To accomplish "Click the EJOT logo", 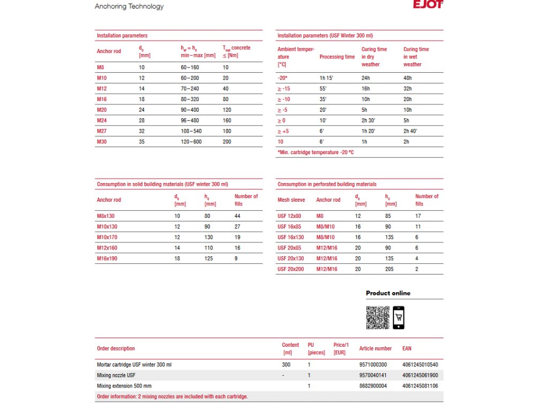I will click(x=428, y=5).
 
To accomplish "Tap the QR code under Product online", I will click(x=378, y=317).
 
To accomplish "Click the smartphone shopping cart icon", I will click(x=399, y=317).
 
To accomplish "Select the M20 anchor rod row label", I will click(x=102, y=110).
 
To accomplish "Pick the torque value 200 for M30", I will click(x=228, y=142).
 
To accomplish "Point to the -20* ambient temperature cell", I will click(x=283, y=78).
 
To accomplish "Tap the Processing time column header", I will click(x=337, y=57).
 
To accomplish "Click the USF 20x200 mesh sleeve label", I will click(x=291, y=269).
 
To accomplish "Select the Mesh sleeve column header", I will click(x=291, y=200).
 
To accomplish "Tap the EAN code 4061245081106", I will click(x=420, y=386).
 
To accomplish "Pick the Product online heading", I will click(x=388, y=293).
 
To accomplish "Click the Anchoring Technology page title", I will click(x=129, y=6).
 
